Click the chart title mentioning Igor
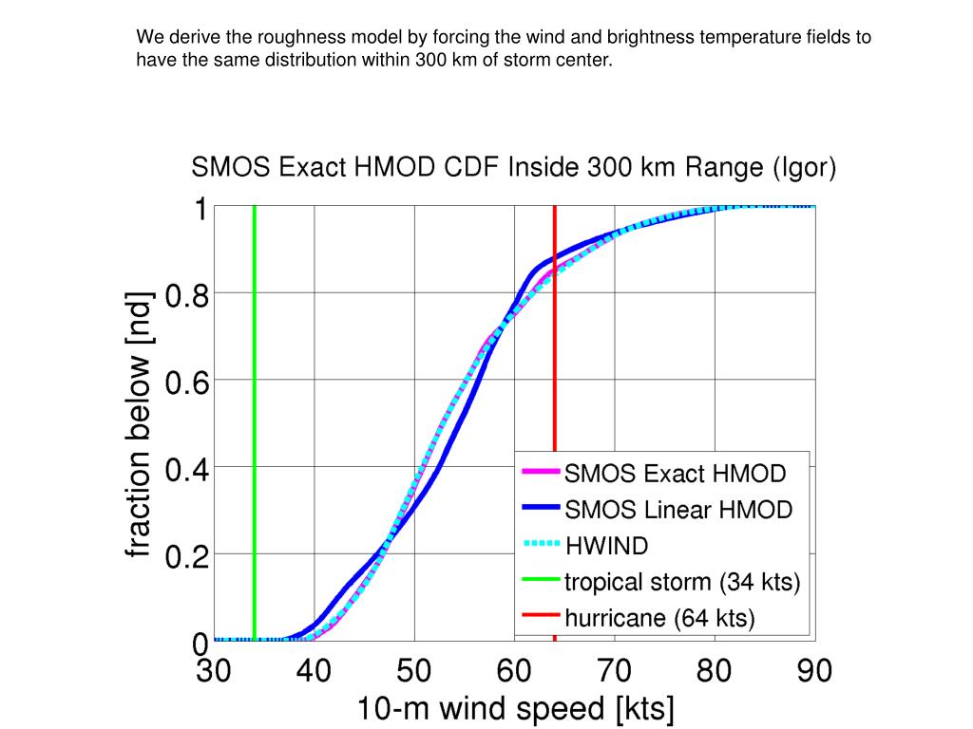(514, 169)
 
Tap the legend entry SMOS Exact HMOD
(675, 473)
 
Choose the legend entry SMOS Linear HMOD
(678, 510)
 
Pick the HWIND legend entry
(606, 546)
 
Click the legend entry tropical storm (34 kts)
(682, 582)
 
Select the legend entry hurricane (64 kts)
(659, 619)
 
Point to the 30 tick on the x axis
(215, 672)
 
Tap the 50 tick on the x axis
(414, 672)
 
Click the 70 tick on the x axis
(615, 672)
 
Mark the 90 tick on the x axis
(813, 672)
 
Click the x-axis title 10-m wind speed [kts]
(515, 709)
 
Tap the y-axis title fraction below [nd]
(140, 423)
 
